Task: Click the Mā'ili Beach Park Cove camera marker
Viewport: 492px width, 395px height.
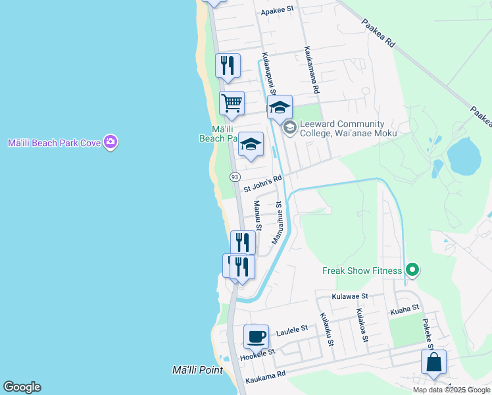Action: [x=111, y=142]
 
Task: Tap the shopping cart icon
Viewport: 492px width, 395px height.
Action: [x=232, y=103]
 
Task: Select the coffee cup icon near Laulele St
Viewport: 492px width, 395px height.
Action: [x=256, y=337]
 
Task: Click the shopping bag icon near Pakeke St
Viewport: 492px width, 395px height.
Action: [x=434, y=362]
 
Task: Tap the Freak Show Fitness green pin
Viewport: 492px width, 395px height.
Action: [x=412, y=270]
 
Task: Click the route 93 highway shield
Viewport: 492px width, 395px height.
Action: [x=234, y=177]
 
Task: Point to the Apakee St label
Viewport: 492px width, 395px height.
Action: [x=278, y=11]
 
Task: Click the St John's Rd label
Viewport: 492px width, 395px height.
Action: [x=262, y=184]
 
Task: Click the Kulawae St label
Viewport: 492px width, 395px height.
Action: [x=350, y=297]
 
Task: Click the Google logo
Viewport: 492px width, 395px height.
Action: [x=22, y=387]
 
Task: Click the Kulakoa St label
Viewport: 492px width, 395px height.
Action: [x=361, y=325]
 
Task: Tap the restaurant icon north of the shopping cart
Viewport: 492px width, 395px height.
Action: [x=228, y=66]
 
